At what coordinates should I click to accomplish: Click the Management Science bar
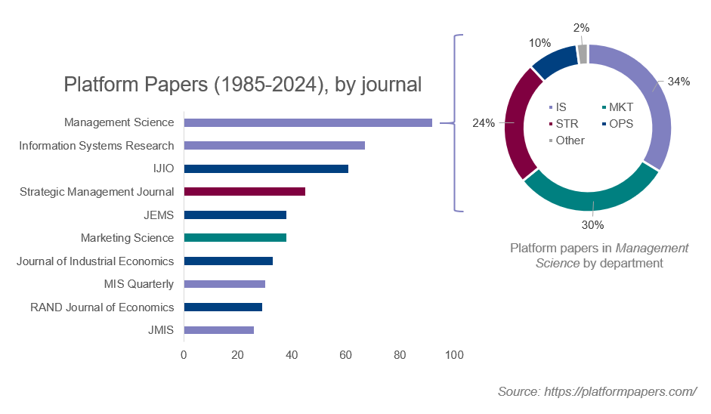(308, 122)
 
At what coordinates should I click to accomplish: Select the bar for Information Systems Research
(274, 145)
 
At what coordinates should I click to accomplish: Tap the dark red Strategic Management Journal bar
(244, 192)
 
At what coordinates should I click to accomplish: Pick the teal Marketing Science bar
(235, 238)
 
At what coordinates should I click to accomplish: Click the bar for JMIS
(218, 330)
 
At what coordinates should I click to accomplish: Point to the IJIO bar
(266, 168)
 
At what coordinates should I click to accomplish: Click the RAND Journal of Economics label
(102, 307)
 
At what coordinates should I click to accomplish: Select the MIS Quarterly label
(138, 284)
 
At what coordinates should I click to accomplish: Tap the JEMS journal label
(159, 215)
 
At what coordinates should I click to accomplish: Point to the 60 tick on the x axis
(345, 355)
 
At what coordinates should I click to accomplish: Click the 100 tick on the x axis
(453, 355)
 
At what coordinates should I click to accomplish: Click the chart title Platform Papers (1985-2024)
(243, 84)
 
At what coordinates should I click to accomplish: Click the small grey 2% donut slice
(582, 54)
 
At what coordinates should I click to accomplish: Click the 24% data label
(483, 123)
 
